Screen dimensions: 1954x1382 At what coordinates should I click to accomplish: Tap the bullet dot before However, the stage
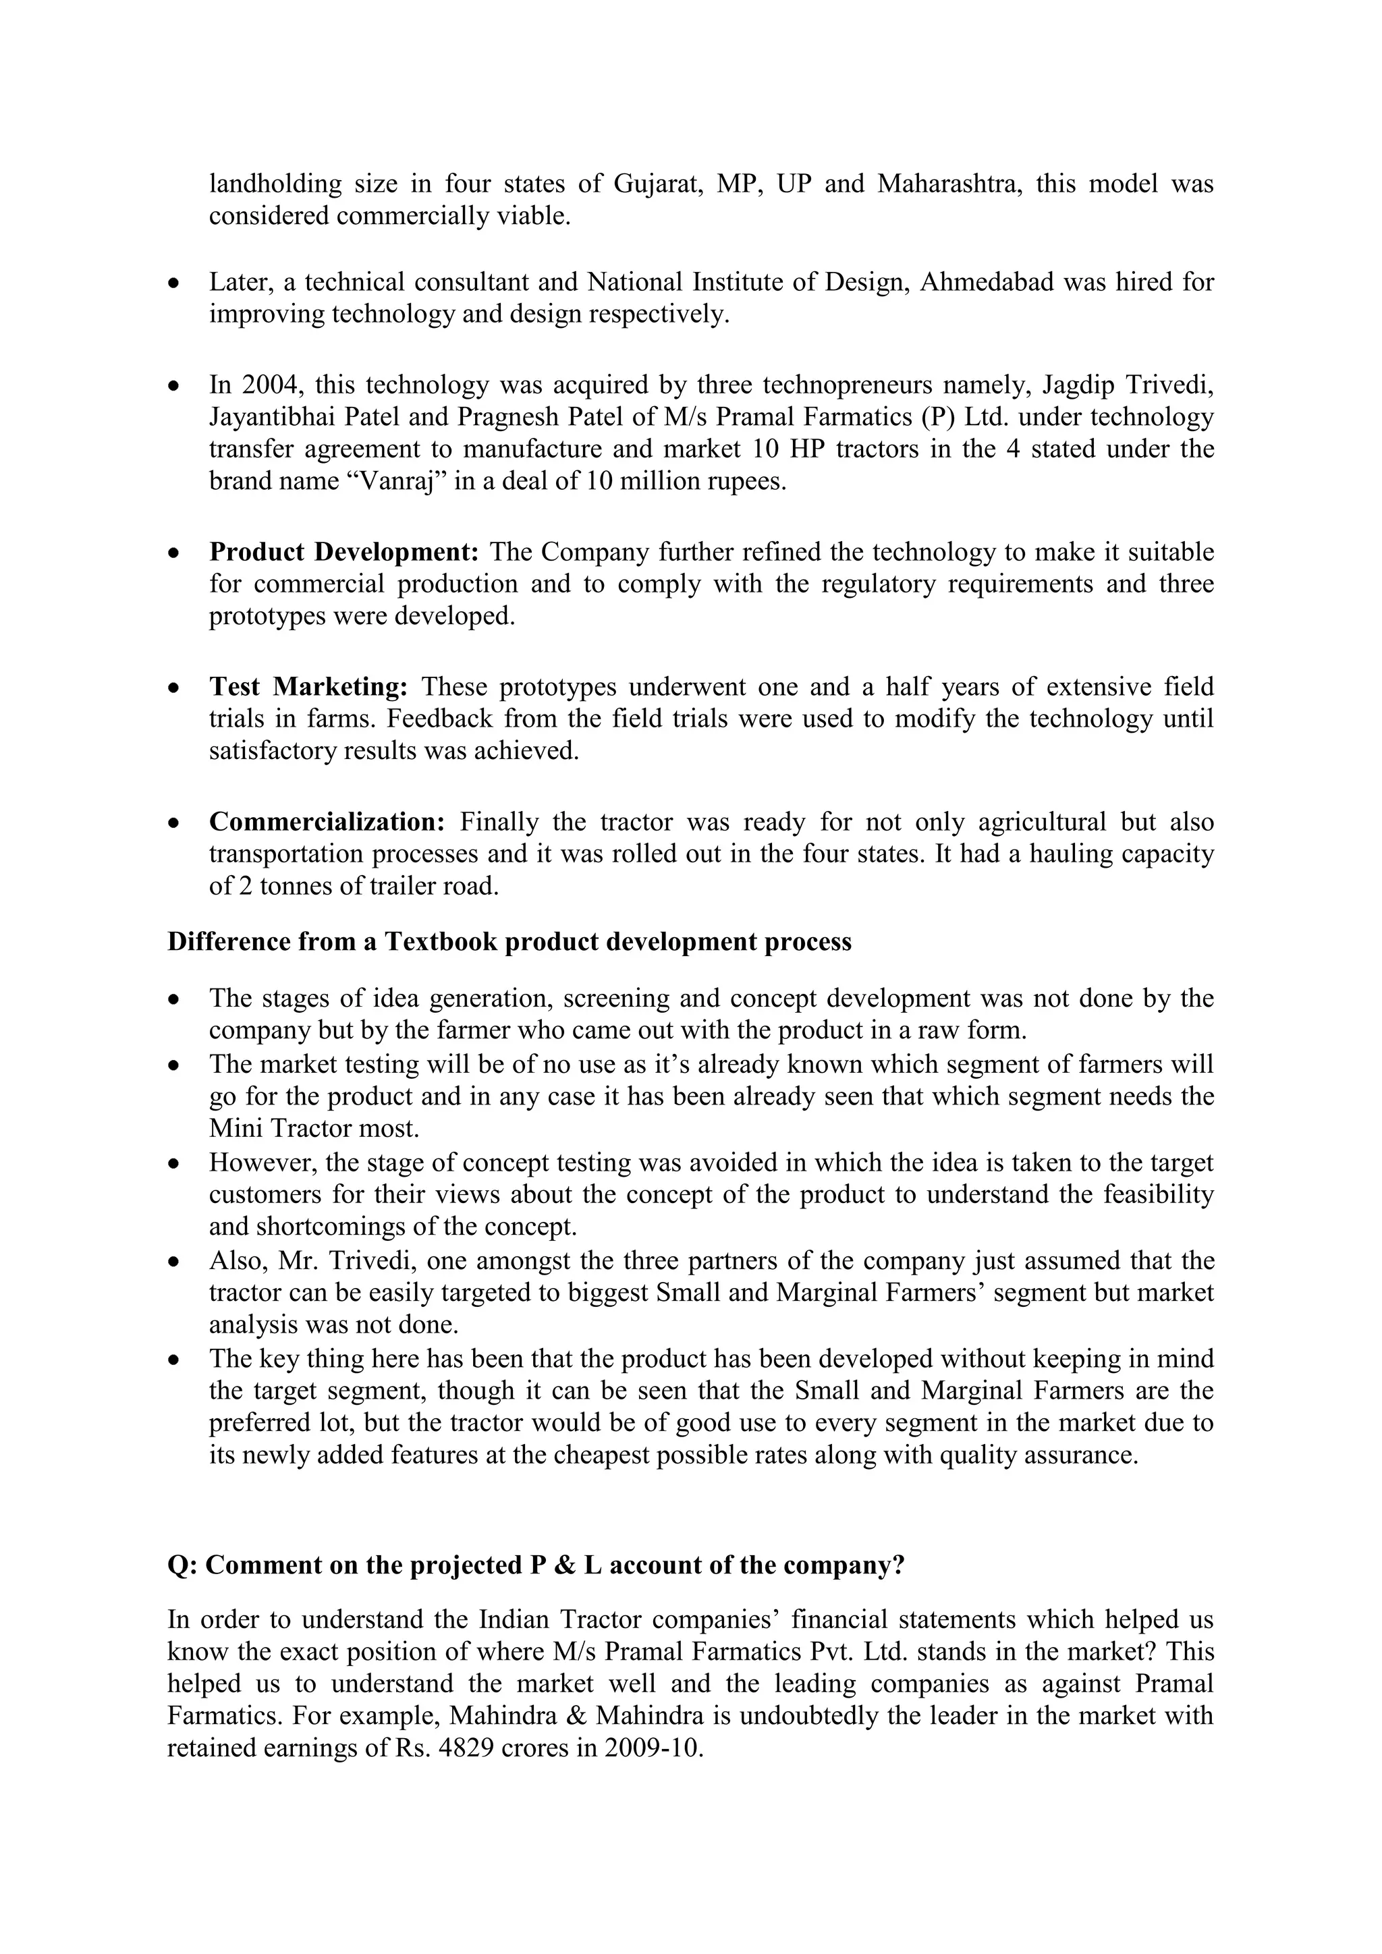point(173,1163)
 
